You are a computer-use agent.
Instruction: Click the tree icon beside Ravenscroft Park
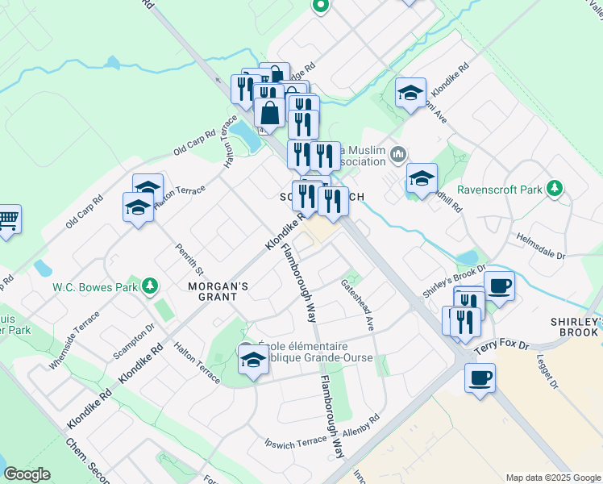pyautogui.click(x=553, y=189)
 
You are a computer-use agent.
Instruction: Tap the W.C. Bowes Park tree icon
pyautogui.click(x=149, y=286)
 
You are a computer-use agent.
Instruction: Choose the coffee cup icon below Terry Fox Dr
pyautogui.click(x=480, y=377)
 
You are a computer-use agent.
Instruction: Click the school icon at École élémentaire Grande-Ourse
pyautogui.click(x=253, y=358)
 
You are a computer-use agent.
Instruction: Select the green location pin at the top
pyautogui.click(x=320, y=6)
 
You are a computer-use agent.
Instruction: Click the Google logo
pyautogui.click(x=26, y=474)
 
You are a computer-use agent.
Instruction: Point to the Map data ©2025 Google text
pyautogui.click(x=552, y=478)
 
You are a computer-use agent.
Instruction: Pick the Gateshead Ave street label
pyautogui.click(x=358, y=305)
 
